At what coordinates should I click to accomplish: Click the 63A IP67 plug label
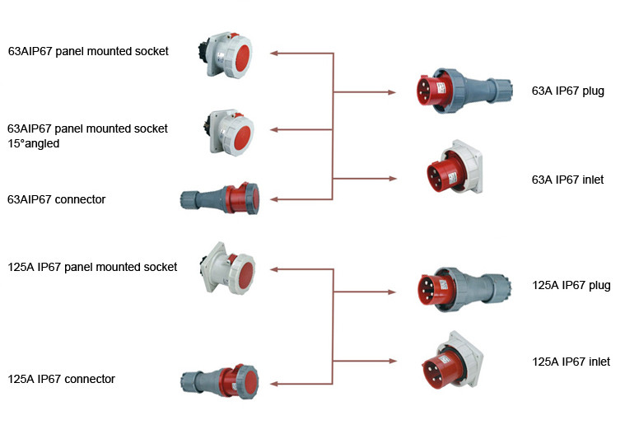pyautogui.click(x=568, y=91)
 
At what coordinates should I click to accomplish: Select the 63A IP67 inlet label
pyautogui.click(x=567, y=179)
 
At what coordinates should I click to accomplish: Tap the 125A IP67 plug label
pyautogui.click(x=571, y=285)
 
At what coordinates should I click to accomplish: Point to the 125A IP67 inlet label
pyautogui.click(x=571, y=362)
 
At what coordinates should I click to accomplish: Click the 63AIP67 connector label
pyautogui.click(x=56, y=199)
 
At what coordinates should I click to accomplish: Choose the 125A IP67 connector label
pyautogui.click(x=61, y=379)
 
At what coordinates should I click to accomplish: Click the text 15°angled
pyautogui.click(x=35, y=143)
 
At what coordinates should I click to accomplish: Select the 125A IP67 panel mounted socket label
pyautogui.click(x=92, y=267)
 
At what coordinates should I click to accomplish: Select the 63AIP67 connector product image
pyautogui.click(x=221, y=198)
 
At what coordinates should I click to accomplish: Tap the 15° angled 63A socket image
pyautogui.click(x=227, y=132)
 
